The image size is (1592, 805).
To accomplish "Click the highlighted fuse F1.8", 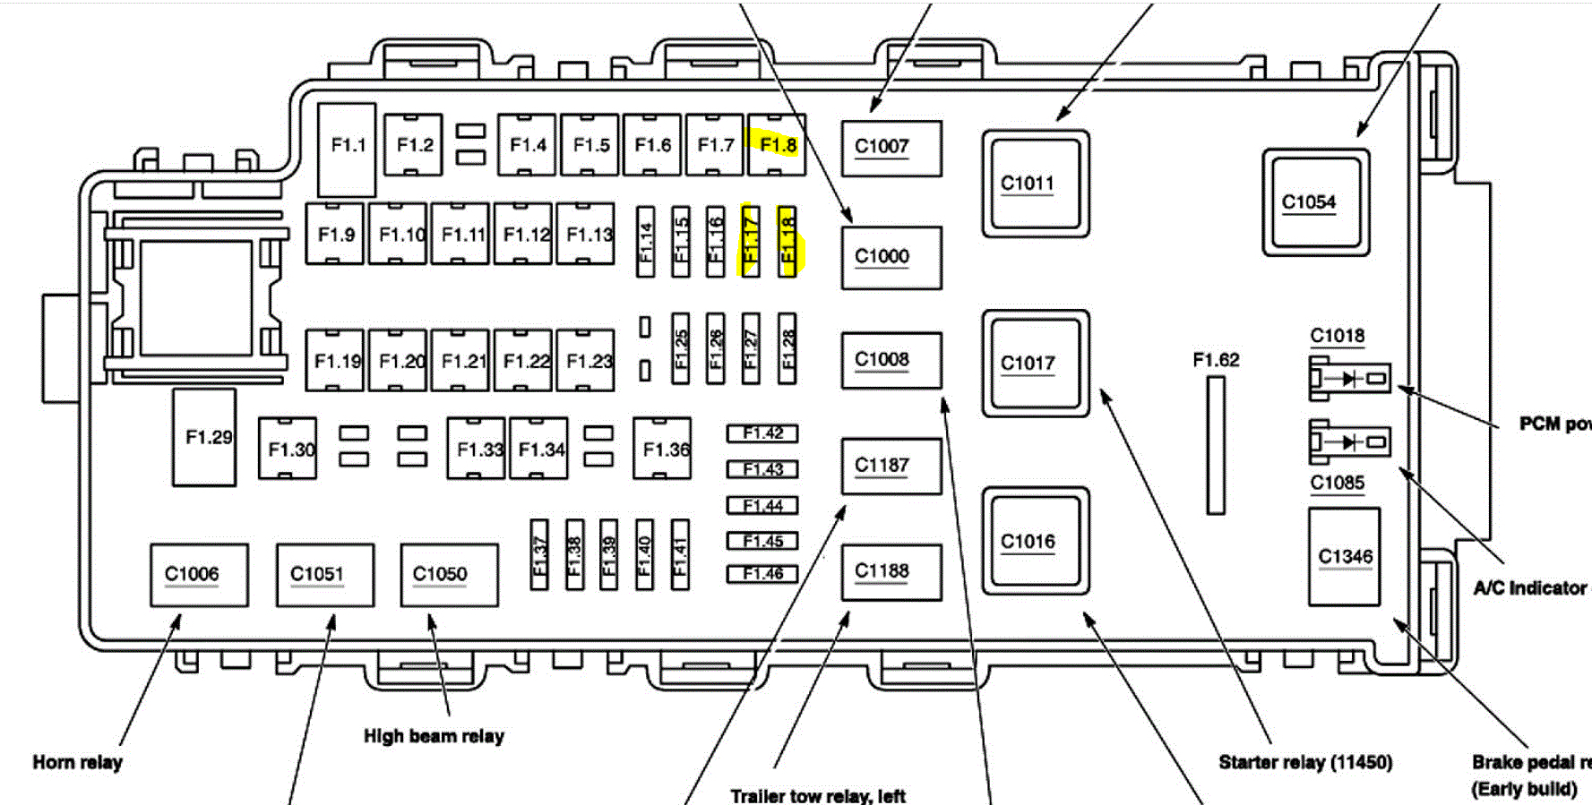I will click(777, 145).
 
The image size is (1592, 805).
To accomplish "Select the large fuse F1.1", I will click(347, 149).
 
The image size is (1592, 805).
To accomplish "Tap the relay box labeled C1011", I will click(1035, 184).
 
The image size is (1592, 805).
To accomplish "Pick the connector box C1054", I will click(1315, 202).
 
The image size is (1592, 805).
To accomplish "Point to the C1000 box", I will click(891, 257).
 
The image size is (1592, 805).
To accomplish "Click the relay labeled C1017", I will click(1035, 363).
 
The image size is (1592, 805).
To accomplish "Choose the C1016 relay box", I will click(1035, 541).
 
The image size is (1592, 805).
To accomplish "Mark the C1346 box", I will click(1344, 556).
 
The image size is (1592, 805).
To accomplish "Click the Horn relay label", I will click(77, 762).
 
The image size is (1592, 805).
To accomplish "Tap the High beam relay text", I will click(434, 736).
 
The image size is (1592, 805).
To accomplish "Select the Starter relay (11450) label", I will click(1305, 762).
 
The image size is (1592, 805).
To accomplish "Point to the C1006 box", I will click(199, 574).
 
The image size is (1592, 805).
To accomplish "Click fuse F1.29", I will click(204, 437).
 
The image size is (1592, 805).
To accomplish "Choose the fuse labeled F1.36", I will click(662, 448).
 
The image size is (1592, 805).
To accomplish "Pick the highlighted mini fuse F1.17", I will click(751, 241).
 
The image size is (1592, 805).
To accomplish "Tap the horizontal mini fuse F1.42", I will click(762, 433).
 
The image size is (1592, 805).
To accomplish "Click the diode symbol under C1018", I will click(1349, 379).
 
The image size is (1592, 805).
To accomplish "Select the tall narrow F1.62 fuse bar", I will click(1216, 445).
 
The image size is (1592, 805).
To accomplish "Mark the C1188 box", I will click(891, 571).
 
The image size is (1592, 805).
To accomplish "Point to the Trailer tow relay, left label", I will click(817, 795).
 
